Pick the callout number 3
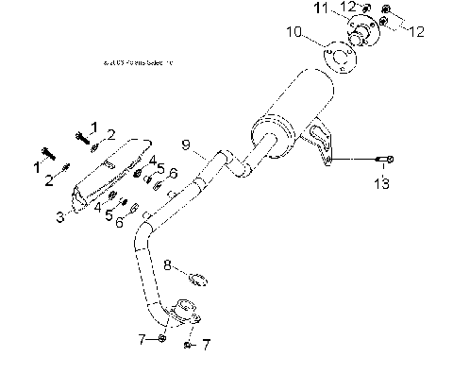pyautogui.click(x=59, y=216)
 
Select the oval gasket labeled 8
pyautogui.click(x=198, y=278)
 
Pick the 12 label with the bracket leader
pyautogui.click(x=416, y=31)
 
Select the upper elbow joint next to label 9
pyautogui.click(x=231, y=161)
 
